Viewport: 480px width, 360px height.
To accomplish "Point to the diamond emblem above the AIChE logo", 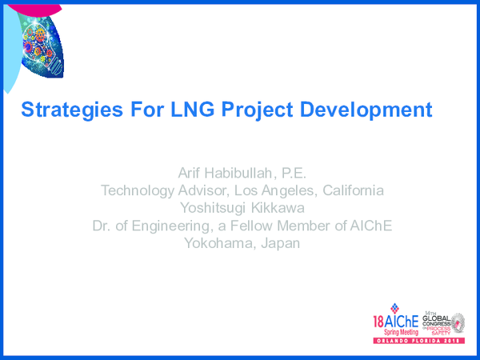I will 393,308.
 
